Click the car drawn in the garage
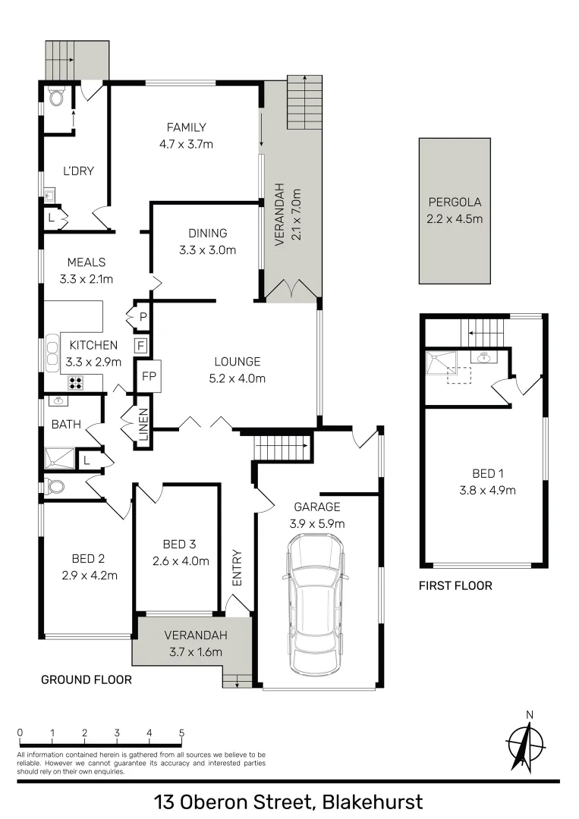[315, 607]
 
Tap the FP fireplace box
[149, 375]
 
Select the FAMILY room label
[187, 127]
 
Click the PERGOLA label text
[455, 202]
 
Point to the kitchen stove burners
[77, 383]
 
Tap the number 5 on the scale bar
[181, 733]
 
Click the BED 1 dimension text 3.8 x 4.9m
[487, 489]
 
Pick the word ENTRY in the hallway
[237, 567]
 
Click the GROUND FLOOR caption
[86, 679]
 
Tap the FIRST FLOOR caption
[455, 585]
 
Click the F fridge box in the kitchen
[140, 347]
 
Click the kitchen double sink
[52, 353]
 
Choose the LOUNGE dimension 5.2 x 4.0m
[237, 378]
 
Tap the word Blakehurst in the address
[372, 802]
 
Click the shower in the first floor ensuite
[439, 362]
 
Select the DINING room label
[208, 234]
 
